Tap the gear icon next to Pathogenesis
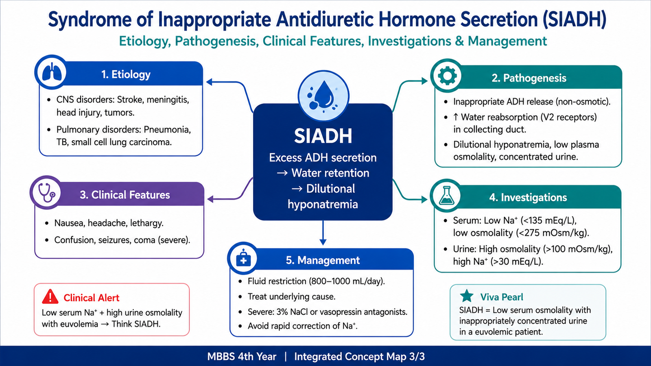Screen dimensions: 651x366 (x=447, y=76)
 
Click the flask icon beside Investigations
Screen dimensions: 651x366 (x=446, y=196)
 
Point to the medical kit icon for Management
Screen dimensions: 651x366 (x=244, y=258)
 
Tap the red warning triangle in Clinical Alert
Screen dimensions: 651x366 (x=50, y=296)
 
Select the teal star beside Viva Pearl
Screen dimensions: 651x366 (x=467, y=296)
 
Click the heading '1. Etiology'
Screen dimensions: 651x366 (x=126, y=74)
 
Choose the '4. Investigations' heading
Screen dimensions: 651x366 (x=528, y=197)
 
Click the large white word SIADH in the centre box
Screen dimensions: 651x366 (x=323, y=136)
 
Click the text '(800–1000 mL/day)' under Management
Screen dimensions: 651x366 (x=346, y=281)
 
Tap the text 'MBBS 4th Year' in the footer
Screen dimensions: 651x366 (x=242, y=356)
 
